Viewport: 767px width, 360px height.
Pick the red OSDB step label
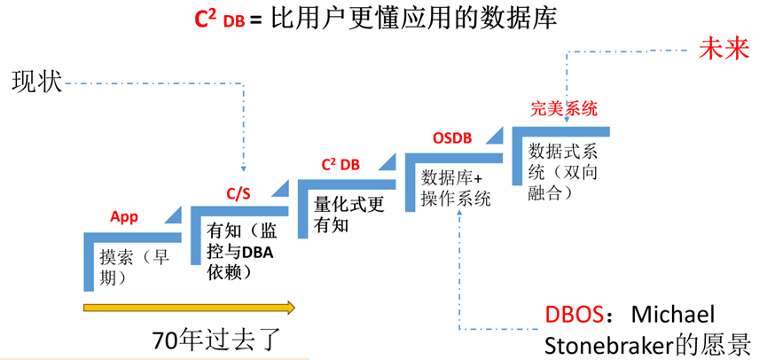coord(451,138)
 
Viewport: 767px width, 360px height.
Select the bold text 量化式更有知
coord(348,214)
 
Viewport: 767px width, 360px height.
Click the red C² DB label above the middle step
coord(340,165)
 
